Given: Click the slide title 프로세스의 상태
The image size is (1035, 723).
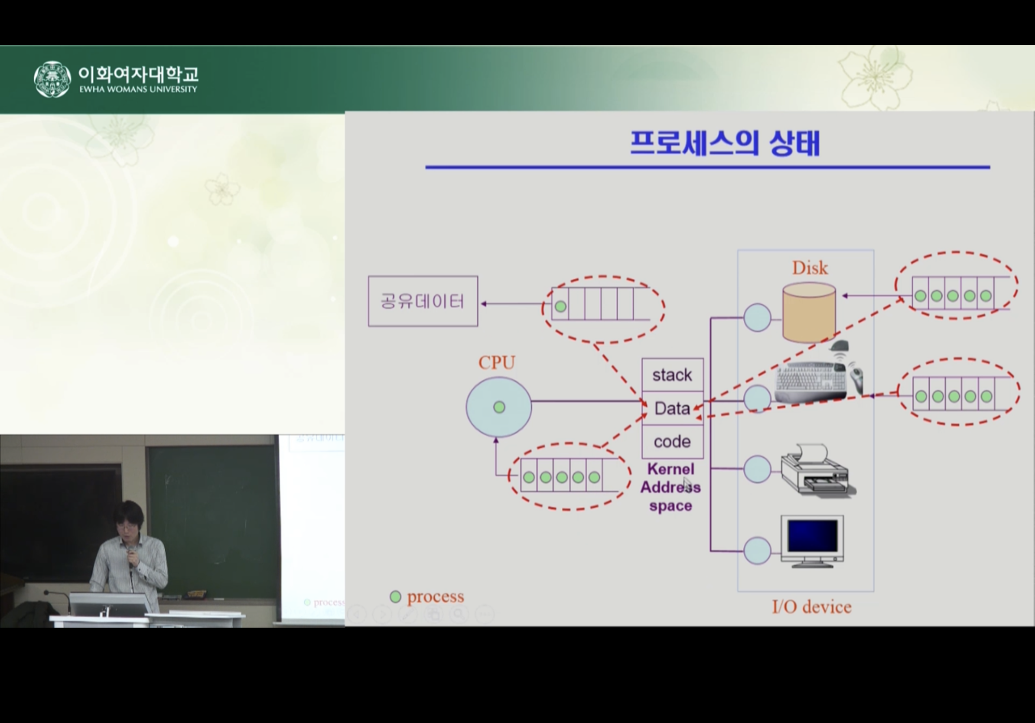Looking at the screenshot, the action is tap(725, 143).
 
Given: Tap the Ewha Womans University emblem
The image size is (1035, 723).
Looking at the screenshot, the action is tap(52, 79).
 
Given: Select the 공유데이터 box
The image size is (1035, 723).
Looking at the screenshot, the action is tap(423, 301).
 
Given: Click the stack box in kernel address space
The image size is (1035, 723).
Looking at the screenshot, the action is tap(672, 375).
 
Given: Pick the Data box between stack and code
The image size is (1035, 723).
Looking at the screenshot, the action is tap(672, 408).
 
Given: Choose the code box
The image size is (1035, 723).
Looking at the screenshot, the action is tap(672, 442).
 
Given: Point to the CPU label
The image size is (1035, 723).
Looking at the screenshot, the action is tap(497, 363).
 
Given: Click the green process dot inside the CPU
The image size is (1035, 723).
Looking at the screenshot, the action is tap(499, 407).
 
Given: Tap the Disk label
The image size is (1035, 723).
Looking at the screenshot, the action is tap(810, 268).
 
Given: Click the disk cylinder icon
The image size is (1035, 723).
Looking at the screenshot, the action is tap(809, 313).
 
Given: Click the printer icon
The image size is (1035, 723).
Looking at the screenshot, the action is tap(818, 471).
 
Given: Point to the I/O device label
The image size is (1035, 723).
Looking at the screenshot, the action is tap(812, 607).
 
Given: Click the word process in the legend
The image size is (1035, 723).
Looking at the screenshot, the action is tap(436, 597).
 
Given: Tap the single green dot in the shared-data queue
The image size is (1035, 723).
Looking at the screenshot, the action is tap(560, 306).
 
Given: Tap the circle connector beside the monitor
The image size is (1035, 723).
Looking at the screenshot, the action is tap(757, 550).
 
